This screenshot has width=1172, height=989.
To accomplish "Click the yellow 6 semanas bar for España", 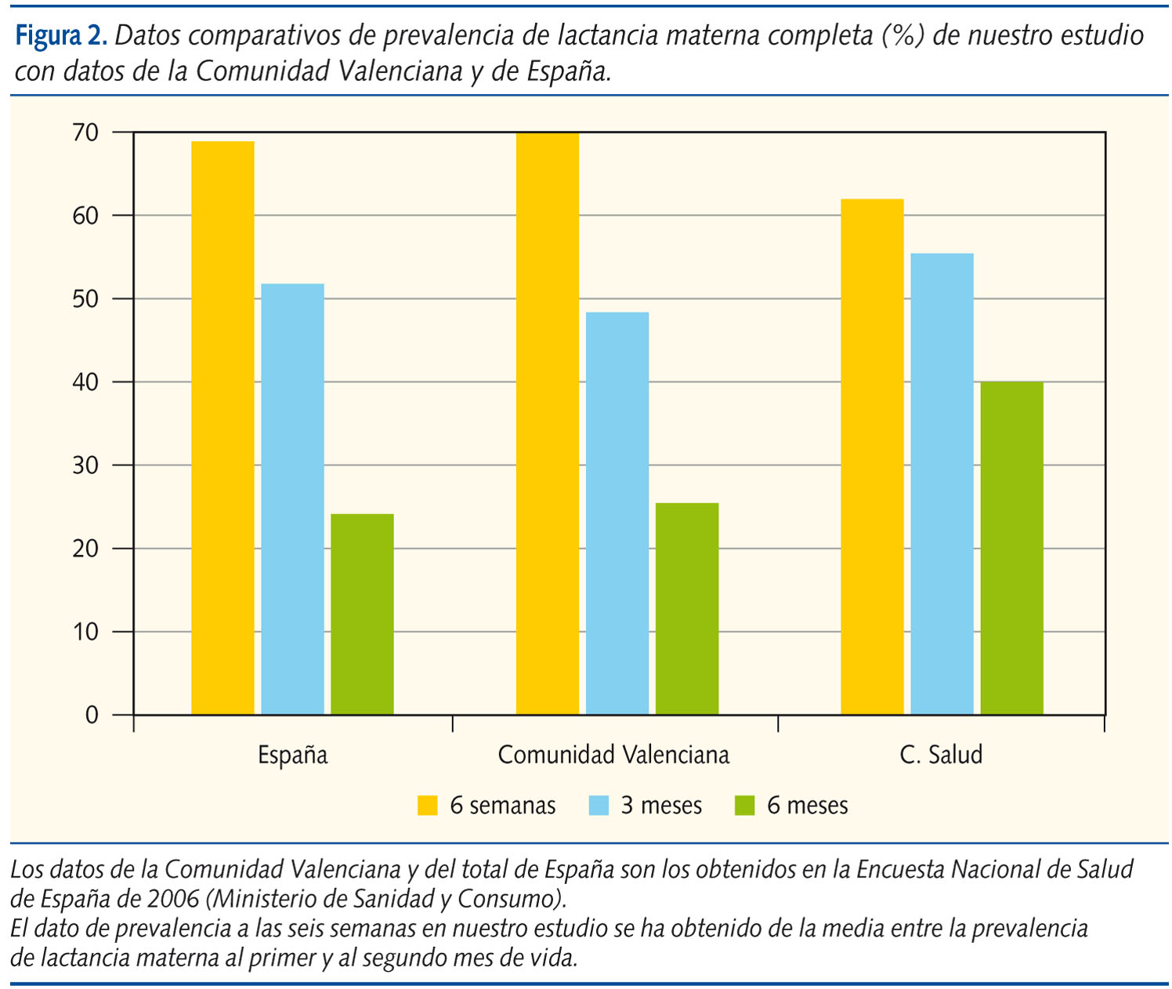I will point(222,428).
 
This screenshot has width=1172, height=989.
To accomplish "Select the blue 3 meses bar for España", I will point(292,499).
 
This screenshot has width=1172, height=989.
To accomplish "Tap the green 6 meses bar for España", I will point(362,614).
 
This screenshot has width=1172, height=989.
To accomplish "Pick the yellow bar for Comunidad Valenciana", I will point(548,423).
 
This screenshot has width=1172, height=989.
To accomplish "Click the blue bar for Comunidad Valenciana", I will point(617,513).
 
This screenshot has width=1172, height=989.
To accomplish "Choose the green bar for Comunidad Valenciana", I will point(687,609).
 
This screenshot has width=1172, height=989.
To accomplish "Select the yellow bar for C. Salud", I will point(872,457).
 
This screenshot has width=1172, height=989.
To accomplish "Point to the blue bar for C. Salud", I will point(942,484).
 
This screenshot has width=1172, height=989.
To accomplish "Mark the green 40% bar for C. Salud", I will point(1011,548).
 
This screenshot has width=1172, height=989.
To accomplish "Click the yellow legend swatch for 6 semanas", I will point(428,806).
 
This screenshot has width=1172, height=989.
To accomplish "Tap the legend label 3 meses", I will point(661,806).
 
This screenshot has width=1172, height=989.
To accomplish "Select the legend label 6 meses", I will point(807,806).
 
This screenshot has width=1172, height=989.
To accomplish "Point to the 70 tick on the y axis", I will point(85,132).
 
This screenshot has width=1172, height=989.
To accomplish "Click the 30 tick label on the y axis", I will point(85,466).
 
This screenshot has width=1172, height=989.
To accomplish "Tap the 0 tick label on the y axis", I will point(92,715).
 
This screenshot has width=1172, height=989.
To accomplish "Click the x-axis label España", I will point(292,755).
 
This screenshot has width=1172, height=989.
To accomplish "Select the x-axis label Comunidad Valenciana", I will point(613,755).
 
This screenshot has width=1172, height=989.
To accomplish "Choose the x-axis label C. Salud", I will point(941,755).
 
